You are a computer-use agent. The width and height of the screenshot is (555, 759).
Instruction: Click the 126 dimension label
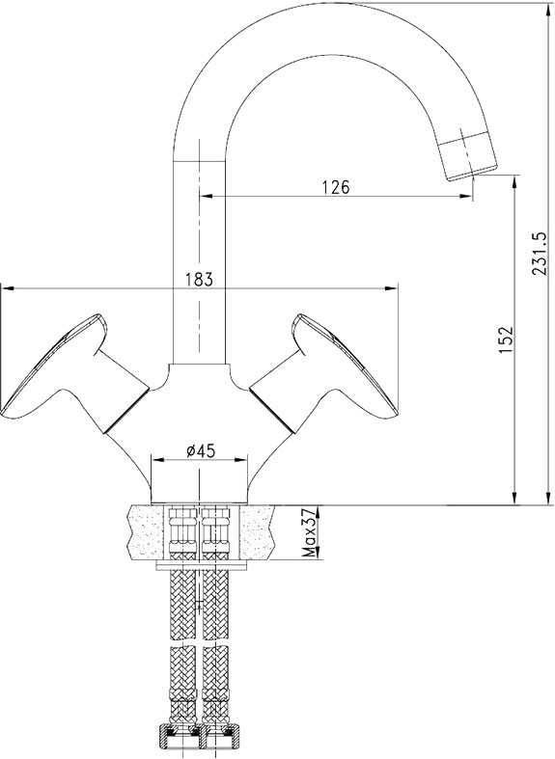coord(336,187)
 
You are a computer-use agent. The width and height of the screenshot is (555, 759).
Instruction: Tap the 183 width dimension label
coord(199,280)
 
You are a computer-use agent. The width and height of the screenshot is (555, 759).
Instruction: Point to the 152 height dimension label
coord(506,339)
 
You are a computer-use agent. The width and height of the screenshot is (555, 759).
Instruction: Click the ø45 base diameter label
coord(201,450)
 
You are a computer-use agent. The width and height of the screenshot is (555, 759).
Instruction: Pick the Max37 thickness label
coord(308,532)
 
